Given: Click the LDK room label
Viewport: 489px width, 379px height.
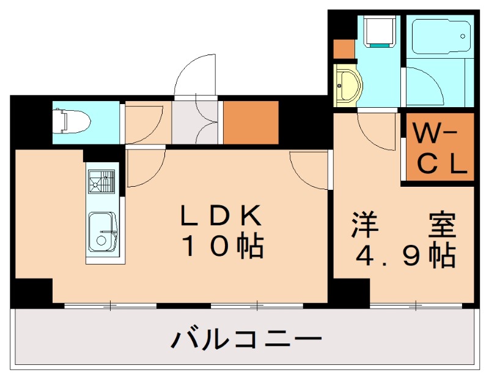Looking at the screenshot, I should coord(221,216).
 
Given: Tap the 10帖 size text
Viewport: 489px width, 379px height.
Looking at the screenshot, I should coord(221,247).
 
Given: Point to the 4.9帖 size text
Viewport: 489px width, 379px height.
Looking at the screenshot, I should coord(404,257).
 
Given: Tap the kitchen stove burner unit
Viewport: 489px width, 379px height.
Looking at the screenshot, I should coord(101,181).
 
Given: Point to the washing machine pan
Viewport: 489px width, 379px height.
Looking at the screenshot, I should coord(379,31).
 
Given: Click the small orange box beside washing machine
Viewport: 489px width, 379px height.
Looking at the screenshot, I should coord(344,48).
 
